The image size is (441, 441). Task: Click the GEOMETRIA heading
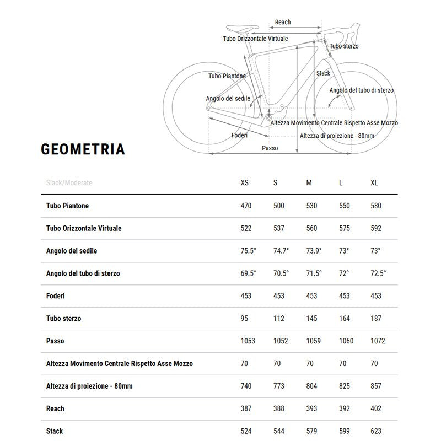click(x=83, y=149)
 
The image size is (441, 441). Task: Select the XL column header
click(x=374, y=183)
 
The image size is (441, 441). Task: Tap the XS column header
click(x=245, y=183)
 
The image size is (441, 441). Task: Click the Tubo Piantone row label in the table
click(x=67, y=206)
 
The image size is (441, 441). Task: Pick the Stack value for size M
click(x=311, y=431)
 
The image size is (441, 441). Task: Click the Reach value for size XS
click(x=246, y=408)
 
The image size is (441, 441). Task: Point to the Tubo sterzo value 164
click(x=344, y=319)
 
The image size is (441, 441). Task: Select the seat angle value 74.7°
click(x=281, y=251)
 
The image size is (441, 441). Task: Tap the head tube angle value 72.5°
click(x=378, y=273)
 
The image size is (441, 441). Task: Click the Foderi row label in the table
click(x=56, y=296)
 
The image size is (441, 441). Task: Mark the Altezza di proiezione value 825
click(x=344, y=386)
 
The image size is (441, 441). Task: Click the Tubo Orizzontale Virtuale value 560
click(x=311, y=228)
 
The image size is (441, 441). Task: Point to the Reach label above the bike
click(x=283, y=23)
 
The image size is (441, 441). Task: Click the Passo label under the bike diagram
click(x=270, y=148)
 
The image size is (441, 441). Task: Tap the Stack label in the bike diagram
click(x=323, y=73)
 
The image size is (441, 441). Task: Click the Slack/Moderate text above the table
click(x=69, y=183)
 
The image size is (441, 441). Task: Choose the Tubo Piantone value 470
click(x=246, y=206)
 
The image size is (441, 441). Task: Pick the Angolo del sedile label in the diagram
click(x=228, y=99)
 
